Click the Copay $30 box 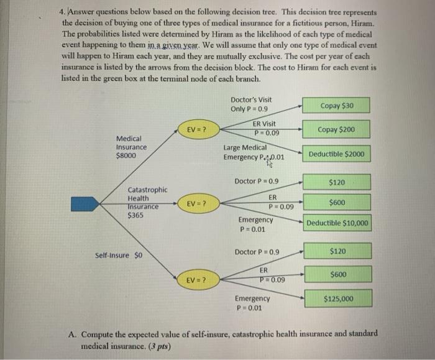[336, 106]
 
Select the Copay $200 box [336, 130]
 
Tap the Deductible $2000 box [336, 154]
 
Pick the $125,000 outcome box [338, 299]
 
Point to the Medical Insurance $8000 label [132, 147]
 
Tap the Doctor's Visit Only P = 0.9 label [250, 104]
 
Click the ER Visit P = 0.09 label [266, 128]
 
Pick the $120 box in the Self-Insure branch [338, 251]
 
